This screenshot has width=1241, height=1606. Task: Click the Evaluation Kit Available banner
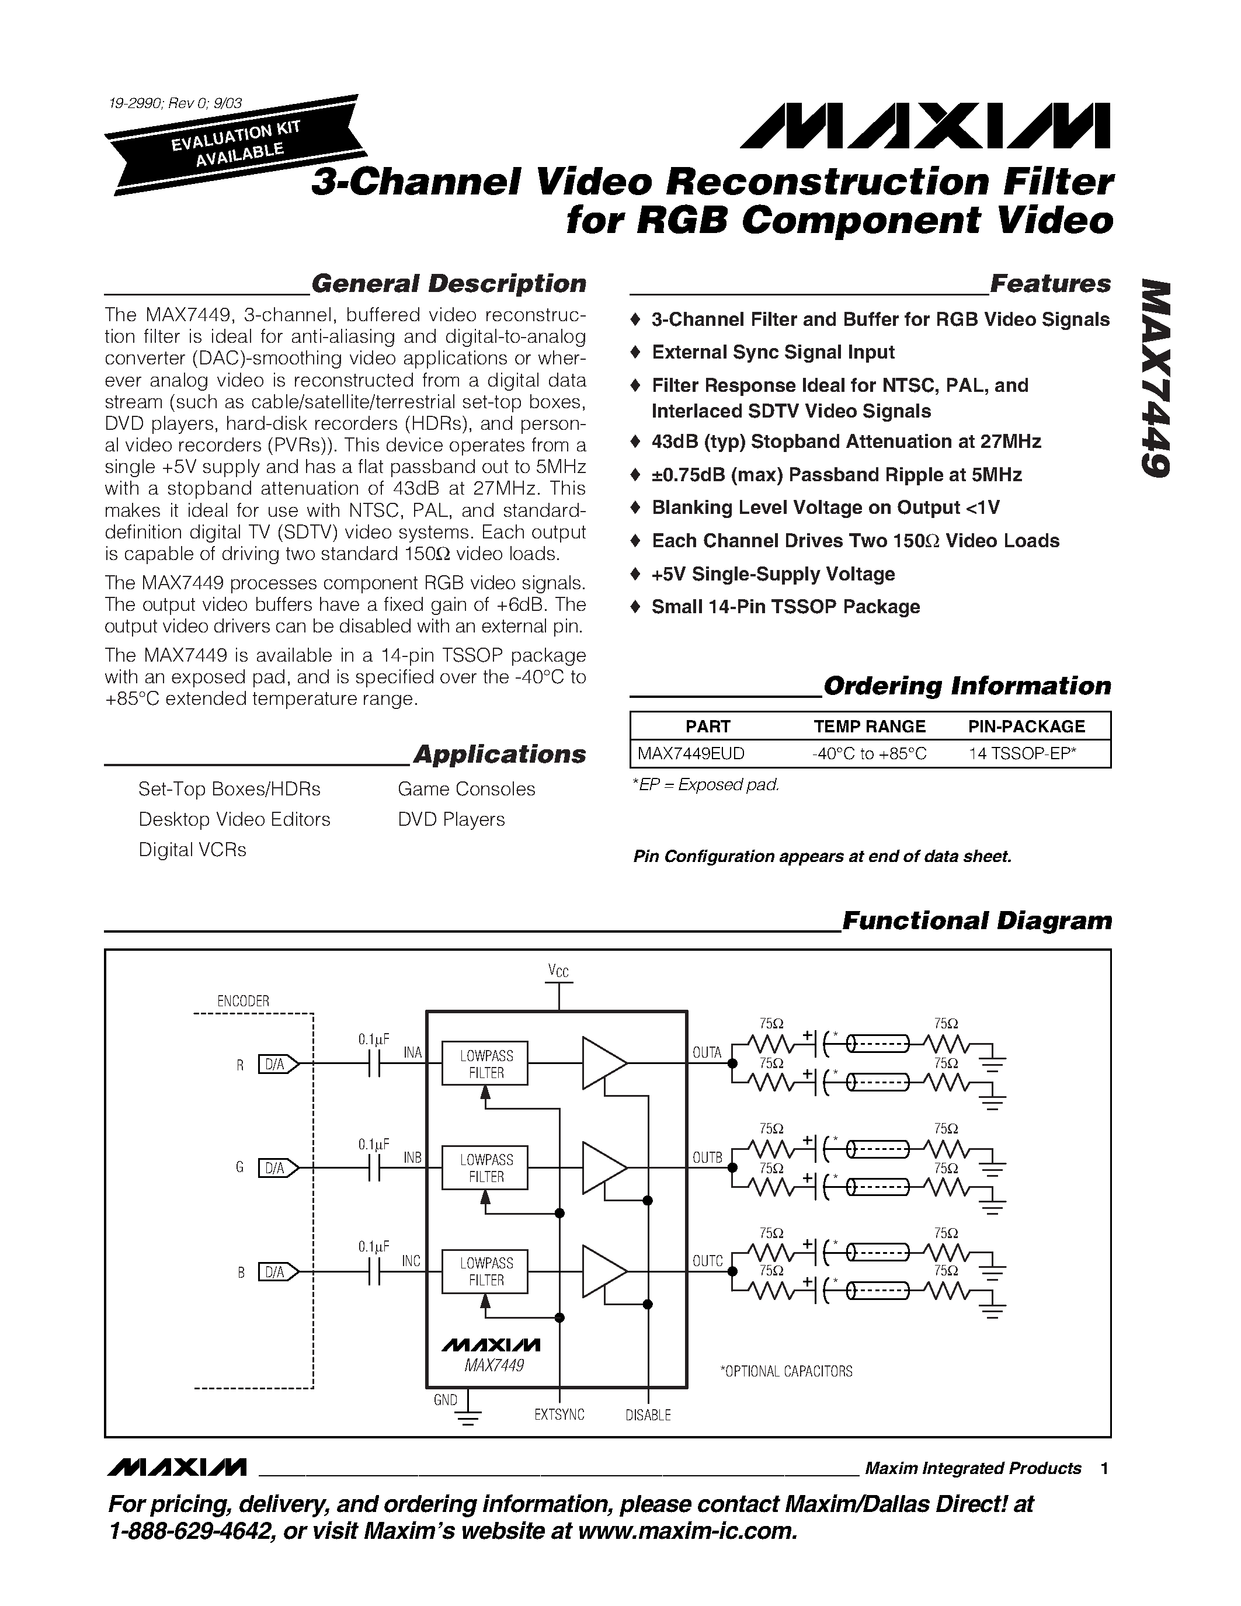point(234,145)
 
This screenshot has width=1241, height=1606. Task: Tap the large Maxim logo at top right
point(925,126)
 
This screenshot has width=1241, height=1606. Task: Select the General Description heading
point(449,284)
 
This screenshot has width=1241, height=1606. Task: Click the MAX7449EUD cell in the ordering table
point(691,754)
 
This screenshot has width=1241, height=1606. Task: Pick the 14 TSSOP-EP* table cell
point(1022,754)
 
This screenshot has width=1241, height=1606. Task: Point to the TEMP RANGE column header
point(869,726)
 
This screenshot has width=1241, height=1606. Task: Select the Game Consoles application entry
point(466,789)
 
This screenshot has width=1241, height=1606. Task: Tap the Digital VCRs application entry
point(193,850)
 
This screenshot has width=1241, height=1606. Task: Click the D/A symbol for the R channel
point(278,1064)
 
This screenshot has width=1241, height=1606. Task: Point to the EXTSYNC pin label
point(559,1414)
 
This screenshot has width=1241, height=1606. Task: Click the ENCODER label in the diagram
point(244,1001)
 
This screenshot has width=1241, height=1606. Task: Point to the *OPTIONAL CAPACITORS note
point(786,1371)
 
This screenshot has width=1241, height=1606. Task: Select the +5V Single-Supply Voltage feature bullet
point(773,574)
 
